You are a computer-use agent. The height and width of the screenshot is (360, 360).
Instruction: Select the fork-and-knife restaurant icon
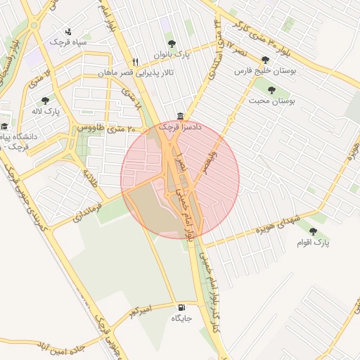click(135, 61)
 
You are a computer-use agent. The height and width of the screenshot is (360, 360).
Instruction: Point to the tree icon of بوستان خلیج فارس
click(264, 60)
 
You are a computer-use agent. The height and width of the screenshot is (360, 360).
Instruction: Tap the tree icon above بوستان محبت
click(271, 89)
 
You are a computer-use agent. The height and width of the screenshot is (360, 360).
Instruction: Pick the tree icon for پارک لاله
click(45, 101)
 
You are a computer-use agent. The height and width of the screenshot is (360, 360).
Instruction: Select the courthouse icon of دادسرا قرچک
click(181, 116)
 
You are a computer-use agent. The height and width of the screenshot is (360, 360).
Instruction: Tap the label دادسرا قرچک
click(174, 127)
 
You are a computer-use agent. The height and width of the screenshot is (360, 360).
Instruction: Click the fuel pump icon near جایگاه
click(182, 307)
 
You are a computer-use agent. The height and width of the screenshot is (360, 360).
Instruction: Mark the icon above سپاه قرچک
click(68, 31)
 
